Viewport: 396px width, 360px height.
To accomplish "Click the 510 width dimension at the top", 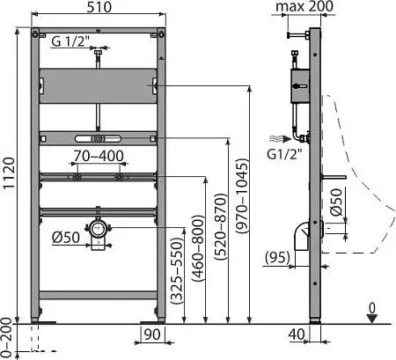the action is [x=99, y=7].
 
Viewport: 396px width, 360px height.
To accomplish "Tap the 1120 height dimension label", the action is [x=9, y=173].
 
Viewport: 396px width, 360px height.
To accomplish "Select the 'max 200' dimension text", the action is [x=304, y=6].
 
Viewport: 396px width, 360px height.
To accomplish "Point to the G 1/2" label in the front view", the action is [x=70, y=41].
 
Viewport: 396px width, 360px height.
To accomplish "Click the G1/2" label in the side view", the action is [x=284, y=154].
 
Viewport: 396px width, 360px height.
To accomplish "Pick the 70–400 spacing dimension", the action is [x=99, y=156].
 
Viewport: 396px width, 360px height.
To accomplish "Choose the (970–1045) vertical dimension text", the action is [x=243, y=196].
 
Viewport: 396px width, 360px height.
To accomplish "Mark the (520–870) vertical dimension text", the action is [x=221, y=227].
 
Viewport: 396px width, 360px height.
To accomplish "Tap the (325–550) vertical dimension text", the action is [x=177, y=271].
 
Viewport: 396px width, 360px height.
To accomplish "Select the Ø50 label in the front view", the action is [x=66, y=238].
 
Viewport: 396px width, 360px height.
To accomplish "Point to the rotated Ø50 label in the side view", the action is [x=336, y=202].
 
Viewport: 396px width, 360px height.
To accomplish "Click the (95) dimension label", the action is [x=277, y=257].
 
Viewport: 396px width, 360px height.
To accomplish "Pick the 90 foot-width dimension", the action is [x=152, y=334].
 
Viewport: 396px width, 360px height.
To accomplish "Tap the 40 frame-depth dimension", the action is [x=297, y=334].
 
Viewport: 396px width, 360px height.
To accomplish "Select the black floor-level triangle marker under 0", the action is [x=372, y=319].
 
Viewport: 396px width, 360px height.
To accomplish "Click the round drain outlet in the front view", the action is [x=97, y=228].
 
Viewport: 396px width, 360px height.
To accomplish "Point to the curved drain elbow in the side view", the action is [x=302, y=236].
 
